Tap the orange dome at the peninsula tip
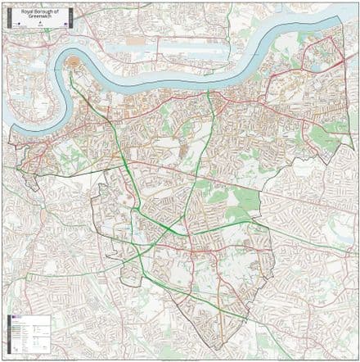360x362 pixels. [x=74, y=61]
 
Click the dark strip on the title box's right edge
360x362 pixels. [x=71, y=18]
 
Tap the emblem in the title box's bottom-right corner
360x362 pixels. [x=65, y=25]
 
